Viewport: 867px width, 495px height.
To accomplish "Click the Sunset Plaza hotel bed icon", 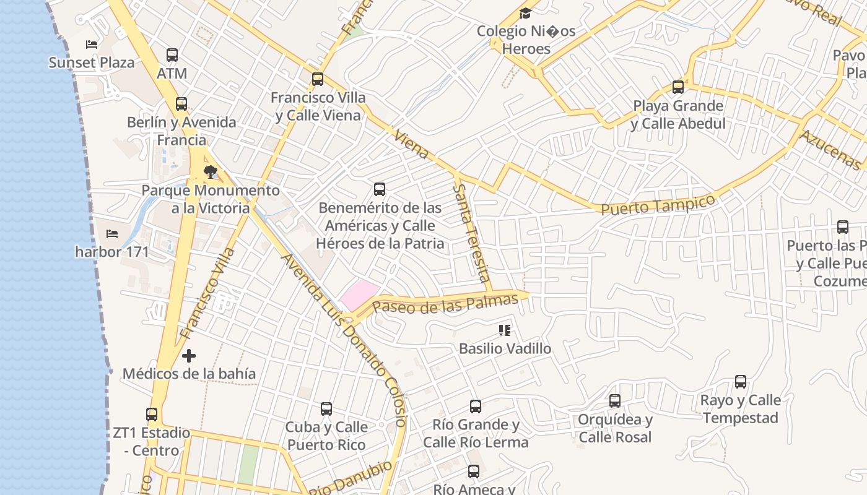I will pos(92,45).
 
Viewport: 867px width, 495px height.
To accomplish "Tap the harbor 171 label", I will pos(112,252).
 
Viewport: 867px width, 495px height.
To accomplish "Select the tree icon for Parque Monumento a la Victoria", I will pos(211,171).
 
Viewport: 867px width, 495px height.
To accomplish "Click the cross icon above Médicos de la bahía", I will pos(189,356).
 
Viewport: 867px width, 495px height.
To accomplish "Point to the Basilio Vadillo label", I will pos(505,348).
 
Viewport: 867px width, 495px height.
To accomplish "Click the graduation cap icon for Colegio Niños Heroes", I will pos(525,13).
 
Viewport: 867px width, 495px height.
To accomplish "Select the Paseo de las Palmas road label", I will pos(445,304).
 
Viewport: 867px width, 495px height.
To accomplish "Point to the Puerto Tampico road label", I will pos(658,205).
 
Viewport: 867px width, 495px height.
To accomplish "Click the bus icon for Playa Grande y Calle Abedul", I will pos(678,87).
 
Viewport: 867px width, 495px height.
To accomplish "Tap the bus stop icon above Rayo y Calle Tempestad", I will pos(740,382).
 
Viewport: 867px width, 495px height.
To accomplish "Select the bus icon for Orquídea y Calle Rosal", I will pos(614,401).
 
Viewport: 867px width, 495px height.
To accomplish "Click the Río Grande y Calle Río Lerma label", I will pos(476,433).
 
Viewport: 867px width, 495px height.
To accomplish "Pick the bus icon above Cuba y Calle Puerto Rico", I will pos(326,409).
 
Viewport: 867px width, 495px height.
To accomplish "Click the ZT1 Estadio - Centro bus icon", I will pos(152,414).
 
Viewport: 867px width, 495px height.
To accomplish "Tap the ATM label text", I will pos(172,74).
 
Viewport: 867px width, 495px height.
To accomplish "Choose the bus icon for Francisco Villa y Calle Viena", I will pos(318,79).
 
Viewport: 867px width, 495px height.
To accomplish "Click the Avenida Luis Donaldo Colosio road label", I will pos(344,340).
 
